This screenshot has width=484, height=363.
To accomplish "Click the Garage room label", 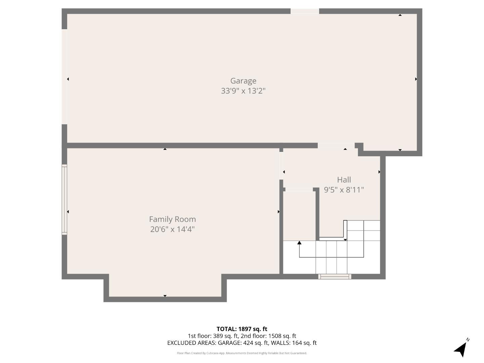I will [243, 81].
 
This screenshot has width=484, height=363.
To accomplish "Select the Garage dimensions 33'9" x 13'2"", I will [243, 91].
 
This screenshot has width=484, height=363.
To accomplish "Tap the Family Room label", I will [172, 219].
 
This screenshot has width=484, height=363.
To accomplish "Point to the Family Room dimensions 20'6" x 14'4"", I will [172, 229].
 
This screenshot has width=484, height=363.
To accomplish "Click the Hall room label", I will [344, 180].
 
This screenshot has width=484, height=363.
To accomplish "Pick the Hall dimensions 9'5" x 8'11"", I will [344, 190].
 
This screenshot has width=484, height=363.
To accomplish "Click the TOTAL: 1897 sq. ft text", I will [242, 329].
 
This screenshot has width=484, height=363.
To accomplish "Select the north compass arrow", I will [461, 349].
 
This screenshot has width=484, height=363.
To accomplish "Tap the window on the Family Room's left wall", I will [64, 199].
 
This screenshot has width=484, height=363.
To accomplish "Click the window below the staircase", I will [335, 277].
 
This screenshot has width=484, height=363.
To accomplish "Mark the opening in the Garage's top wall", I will [305, 11].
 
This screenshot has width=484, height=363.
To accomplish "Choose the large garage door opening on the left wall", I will [64, 77].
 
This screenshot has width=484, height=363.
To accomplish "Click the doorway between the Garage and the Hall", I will [336, 146].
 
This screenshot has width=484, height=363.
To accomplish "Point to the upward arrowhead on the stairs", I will [299, 243].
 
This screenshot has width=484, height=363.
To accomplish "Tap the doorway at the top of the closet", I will [299, 190].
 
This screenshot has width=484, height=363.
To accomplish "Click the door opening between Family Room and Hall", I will [281, 166].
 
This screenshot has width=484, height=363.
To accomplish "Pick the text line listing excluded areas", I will [242, 343].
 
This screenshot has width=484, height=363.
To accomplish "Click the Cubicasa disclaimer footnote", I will [242, 353].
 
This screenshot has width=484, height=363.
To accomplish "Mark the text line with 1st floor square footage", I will [242, 336].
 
